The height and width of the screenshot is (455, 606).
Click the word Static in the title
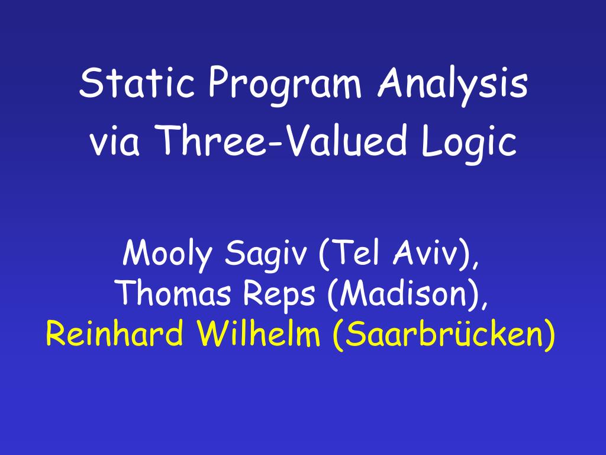pos(137,82)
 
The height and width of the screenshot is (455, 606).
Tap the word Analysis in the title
pos(453,86)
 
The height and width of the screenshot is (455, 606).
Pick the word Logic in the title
pos(469,144)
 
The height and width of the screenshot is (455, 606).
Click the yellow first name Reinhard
pos(114,334)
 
